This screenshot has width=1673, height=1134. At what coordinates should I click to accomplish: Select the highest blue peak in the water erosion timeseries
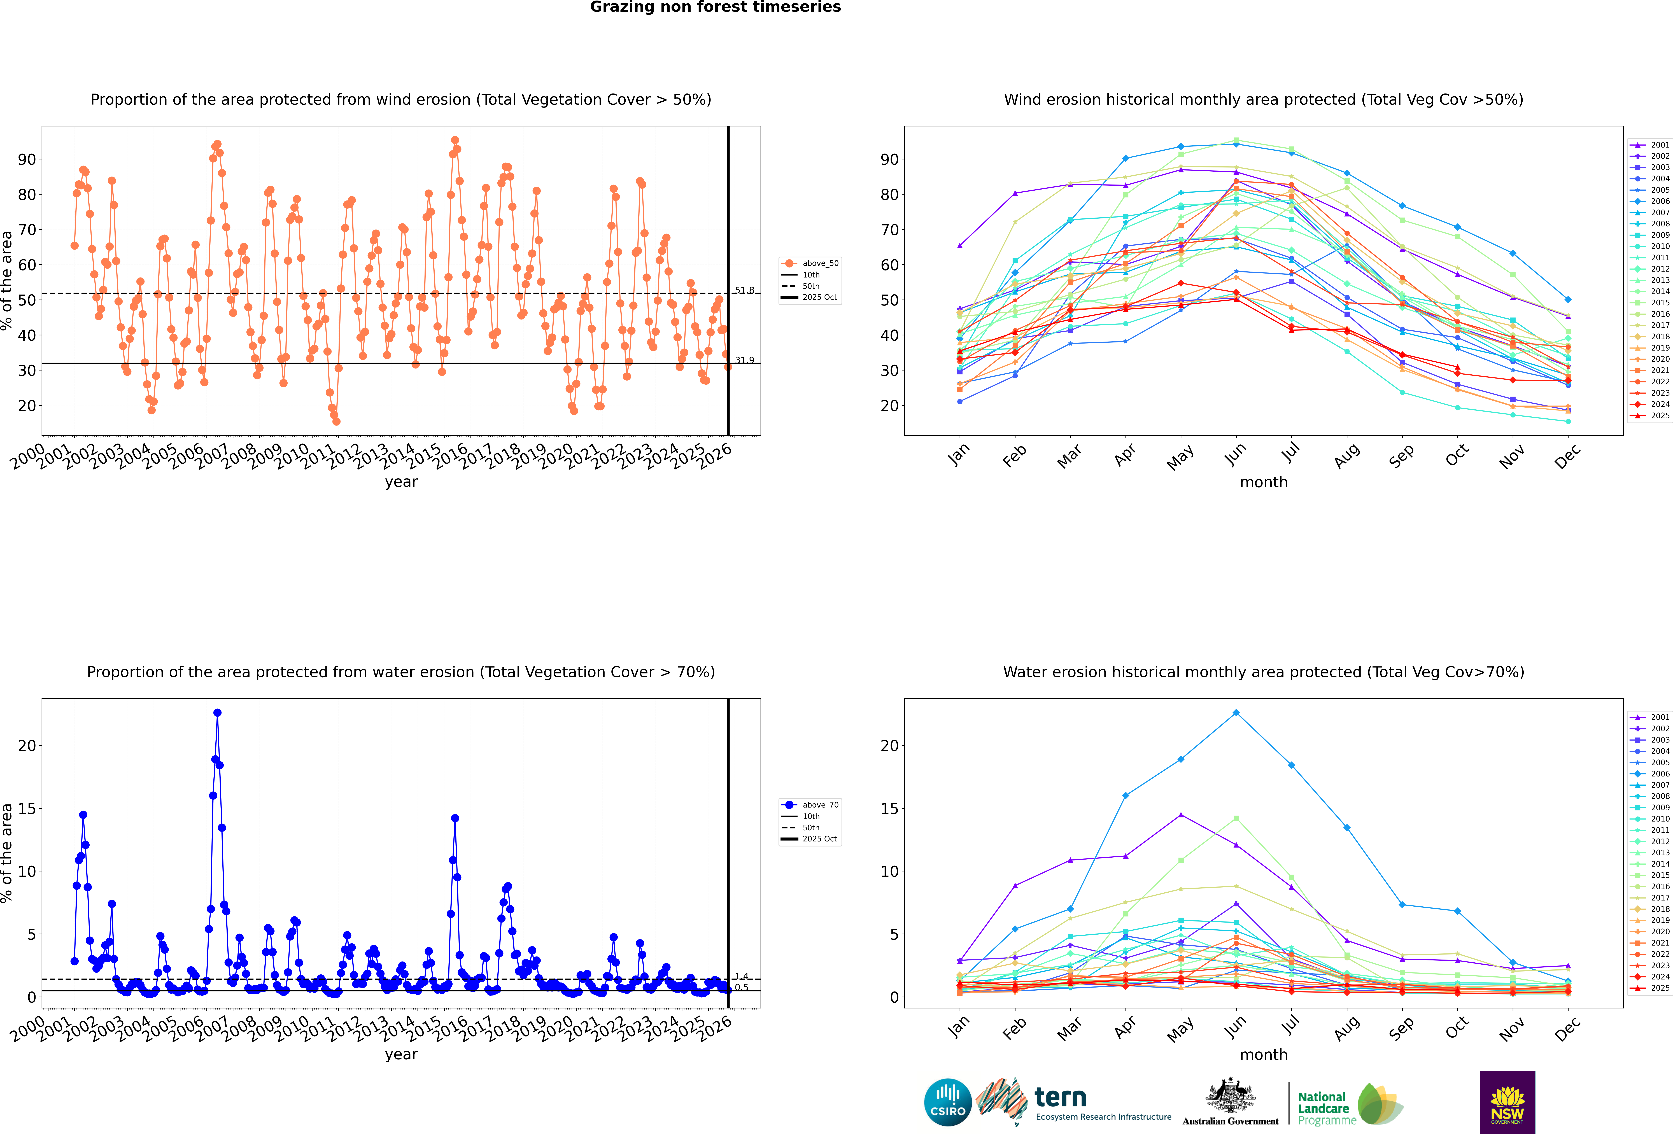[x=217, y=713]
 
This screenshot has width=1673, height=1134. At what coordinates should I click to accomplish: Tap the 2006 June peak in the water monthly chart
[x=1236, y=713]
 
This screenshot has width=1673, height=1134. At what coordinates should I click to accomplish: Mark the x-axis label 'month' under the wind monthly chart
[x=1263, y=482]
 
